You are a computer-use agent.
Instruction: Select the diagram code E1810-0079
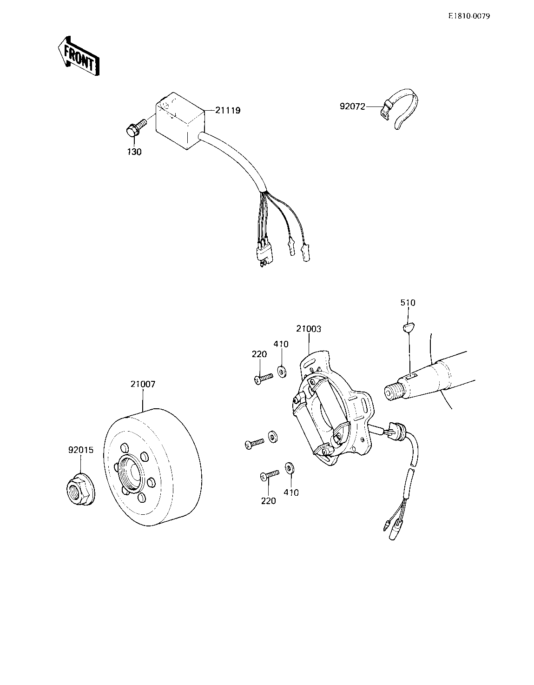[469, 16]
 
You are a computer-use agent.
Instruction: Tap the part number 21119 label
[228, 111]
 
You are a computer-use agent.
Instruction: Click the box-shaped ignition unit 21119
[178, 122]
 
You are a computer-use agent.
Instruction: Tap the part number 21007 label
[143, 384]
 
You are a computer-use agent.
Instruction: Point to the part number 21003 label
[309, 329]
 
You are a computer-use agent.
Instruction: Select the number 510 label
[408, 303]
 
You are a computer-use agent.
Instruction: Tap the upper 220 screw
[262, 378]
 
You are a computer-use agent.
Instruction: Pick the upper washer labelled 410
[282, 371]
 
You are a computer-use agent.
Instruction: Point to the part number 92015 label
[81, 450]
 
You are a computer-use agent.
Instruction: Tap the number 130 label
[134, 152]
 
